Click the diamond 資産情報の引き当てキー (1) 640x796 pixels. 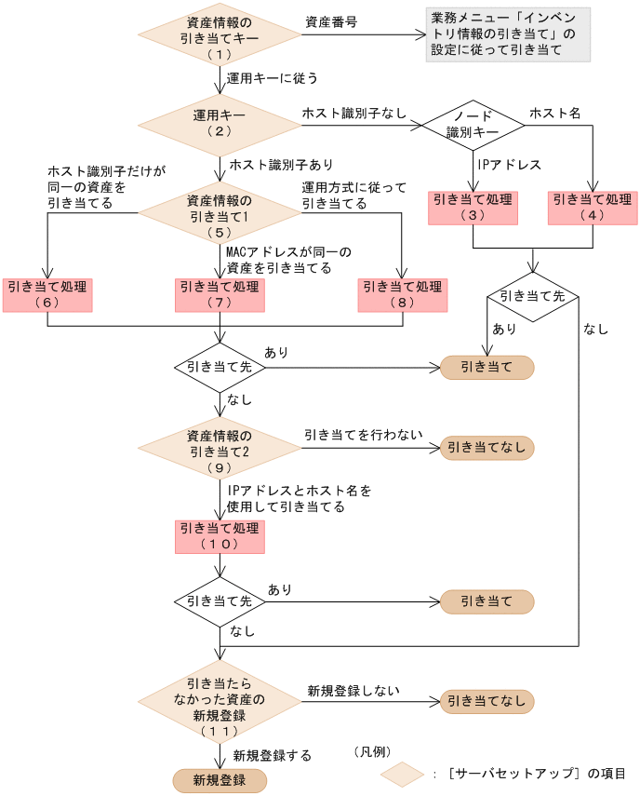[x=220, y=35]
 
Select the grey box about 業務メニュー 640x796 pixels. [x=508, y=34]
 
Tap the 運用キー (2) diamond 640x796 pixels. [x=220, y=125]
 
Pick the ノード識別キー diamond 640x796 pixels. [x=473, y=125]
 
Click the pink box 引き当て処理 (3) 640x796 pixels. [x=473, y=208]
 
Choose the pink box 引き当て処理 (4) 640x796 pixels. [x=593, y=208]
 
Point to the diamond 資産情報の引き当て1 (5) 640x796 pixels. [x=220, y=212]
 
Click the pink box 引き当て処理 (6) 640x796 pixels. [x=47, y=295]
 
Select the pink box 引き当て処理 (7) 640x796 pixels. [x=220, y=295]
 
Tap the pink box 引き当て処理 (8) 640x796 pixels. [x=403, y=295]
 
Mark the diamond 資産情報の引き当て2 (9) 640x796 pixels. [x=220, y=448]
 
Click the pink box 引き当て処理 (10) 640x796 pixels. [x=220, y=536]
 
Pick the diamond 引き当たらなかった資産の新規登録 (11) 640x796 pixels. [x=220, y=702]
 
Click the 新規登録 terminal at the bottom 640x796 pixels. [x=220, y=781]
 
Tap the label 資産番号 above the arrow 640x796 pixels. [x=331, y=21]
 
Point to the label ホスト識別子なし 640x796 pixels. [x=354, y=114]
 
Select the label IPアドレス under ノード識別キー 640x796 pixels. [x=510, y=165]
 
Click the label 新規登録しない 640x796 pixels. [x=353, y=691]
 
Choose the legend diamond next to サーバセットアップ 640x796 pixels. [x=402, y=775]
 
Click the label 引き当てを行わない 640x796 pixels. [x=363, y=435]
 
